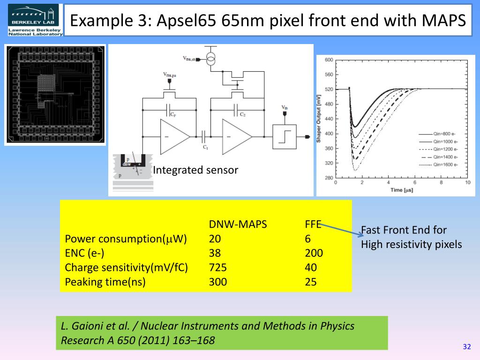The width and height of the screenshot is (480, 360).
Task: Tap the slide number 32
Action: pyautogui.click(x=466, y=347)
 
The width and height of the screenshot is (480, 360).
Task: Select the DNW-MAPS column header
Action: pyautogui.click(x=238, y=225)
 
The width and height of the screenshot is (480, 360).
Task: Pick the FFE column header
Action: pyautogui.click(x=313, y=225)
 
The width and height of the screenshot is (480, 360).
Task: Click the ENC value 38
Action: pyautogui.click(x=215, y=253)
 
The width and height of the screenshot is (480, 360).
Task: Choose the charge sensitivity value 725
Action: pyautogui.click(x=218, y=268)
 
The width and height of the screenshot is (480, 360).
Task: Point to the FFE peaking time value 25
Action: pyautogui.click(x=310, y=282)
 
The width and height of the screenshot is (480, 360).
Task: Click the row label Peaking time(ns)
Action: pyautogui.click(x=105, y=282)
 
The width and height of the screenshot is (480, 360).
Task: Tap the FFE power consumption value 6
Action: pyautogui.click(x=307, y=239)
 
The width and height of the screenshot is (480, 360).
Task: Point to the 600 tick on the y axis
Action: pyautogui.click(x=329, y=60)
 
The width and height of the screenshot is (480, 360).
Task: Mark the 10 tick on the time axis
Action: pyautogui.click(x=467, y=182)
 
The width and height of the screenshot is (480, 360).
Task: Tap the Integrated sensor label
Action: pyautogui.click(x=195, y=170)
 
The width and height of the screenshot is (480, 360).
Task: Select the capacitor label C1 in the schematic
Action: pyautogui.click(x=205, y=147)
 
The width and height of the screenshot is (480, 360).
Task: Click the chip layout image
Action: pyautogui.click(x=55, y=94)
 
